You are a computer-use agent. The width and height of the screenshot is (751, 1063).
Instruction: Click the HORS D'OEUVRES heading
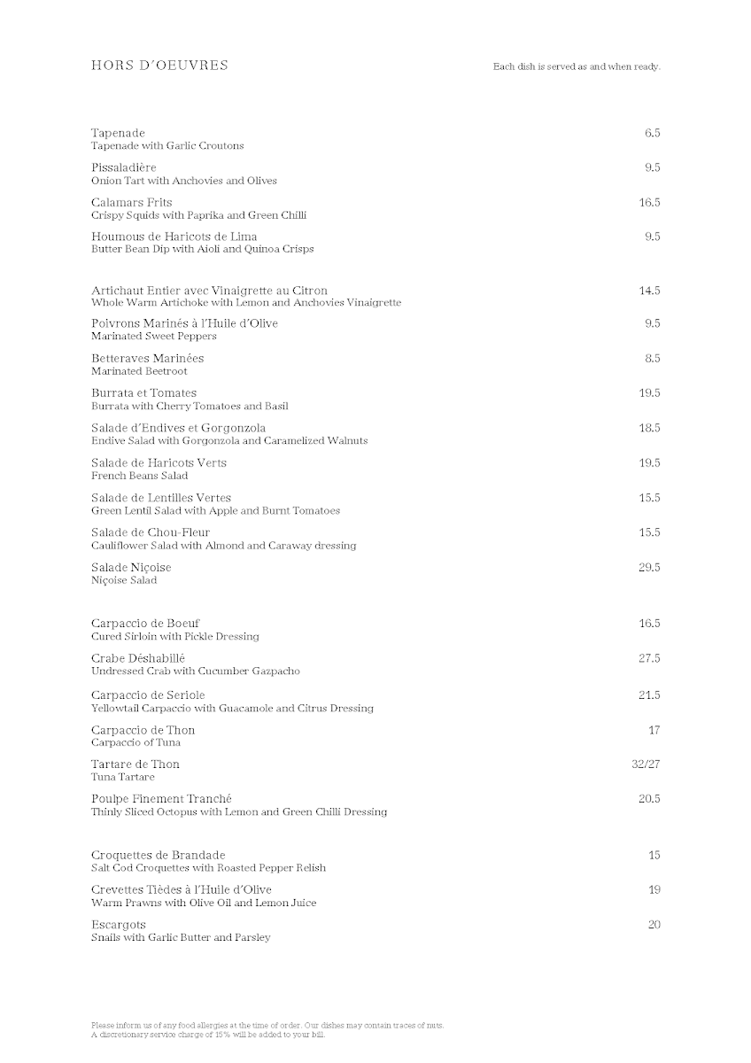click(x=159, y=65)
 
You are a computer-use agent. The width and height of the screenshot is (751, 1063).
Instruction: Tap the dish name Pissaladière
click(x=123, y=167)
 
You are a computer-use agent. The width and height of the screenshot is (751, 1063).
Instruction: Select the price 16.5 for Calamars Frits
click(x=649, y=203)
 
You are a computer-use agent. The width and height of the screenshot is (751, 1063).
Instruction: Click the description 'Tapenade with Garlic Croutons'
click(x=167, y=146)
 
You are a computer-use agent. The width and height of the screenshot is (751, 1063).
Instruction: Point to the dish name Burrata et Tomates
click(x=143, y=393)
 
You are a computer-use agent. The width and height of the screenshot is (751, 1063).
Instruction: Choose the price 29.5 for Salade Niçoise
click(x=649, y=568)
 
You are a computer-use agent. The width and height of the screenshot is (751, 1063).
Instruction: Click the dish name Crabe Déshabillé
click(x=138, y=658)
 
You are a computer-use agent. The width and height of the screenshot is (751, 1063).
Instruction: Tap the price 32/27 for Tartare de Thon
click(x=646, y=764)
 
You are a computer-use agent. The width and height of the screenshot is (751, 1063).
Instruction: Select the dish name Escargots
click(x=118, y=925)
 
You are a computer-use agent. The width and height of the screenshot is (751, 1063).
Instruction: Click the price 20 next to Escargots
click(x=654, y=925)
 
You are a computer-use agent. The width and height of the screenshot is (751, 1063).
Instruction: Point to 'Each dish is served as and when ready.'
click(x=577, y=66)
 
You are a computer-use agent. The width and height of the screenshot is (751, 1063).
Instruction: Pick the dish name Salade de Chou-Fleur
click(x=151, y=532)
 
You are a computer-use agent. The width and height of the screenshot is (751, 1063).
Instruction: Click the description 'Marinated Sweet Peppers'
click(x=154, y=337)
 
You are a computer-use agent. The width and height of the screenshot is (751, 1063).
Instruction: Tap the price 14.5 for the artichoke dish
click(x=649, y=291)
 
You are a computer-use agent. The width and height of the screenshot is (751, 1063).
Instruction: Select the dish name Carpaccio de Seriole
click(x=148, y=695)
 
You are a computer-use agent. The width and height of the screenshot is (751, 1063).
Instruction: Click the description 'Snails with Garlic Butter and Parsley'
click(x=181, y=937)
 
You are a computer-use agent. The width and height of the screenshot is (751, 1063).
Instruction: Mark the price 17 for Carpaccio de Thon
click(x=654, y=730)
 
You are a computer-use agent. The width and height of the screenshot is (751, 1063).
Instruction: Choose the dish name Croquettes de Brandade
click(x=159, y=856)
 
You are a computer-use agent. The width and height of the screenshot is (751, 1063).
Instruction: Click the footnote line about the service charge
click(x=208, y=1034)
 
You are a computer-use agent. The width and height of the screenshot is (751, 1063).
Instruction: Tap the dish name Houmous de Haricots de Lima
click(x=174, y=237)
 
